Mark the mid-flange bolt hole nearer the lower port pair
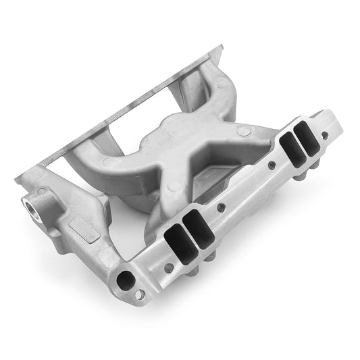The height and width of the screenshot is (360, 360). tap(220, 207)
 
